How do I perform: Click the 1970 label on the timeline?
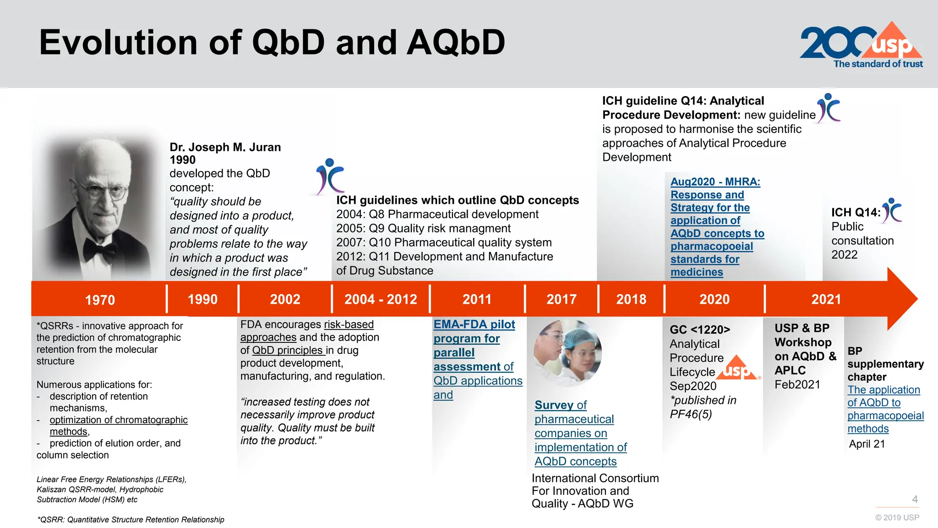[x=100, y=300]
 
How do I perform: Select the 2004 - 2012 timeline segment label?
[x=381, y=299]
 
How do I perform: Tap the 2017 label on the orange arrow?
[x=561, y=299]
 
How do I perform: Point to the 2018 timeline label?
[x=631, y=299]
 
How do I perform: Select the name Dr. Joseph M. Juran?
[x=225, y=147]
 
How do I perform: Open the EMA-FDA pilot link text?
[x=474, y=324]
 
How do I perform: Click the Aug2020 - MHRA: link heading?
[x=715, y=182]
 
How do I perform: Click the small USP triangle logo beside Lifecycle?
[x=737, y=368]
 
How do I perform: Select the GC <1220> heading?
[x=699, y=330]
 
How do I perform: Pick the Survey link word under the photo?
[x=554, y=405]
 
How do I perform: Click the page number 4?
[x=915, y=499]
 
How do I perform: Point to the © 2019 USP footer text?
[x=897, y=517]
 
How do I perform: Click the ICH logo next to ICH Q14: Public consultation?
[x=892, y=210]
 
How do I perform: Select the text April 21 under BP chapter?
[x=867, y=444]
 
